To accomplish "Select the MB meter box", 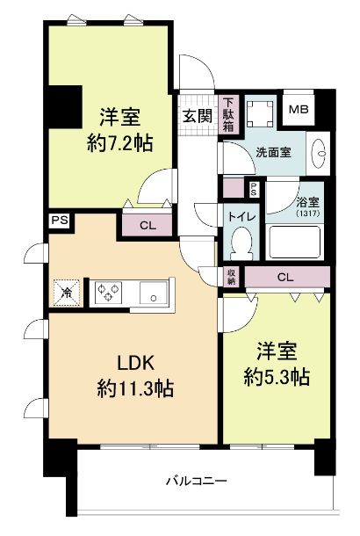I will tap(299, 110).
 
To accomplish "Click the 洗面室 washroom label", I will tap(273, 151).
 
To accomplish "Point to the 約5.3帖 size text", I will tap(276, 377).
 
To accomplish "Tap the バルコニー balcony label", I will tap(198, 481).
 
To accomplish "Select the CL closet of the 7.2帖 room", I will tap(148, 226).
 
